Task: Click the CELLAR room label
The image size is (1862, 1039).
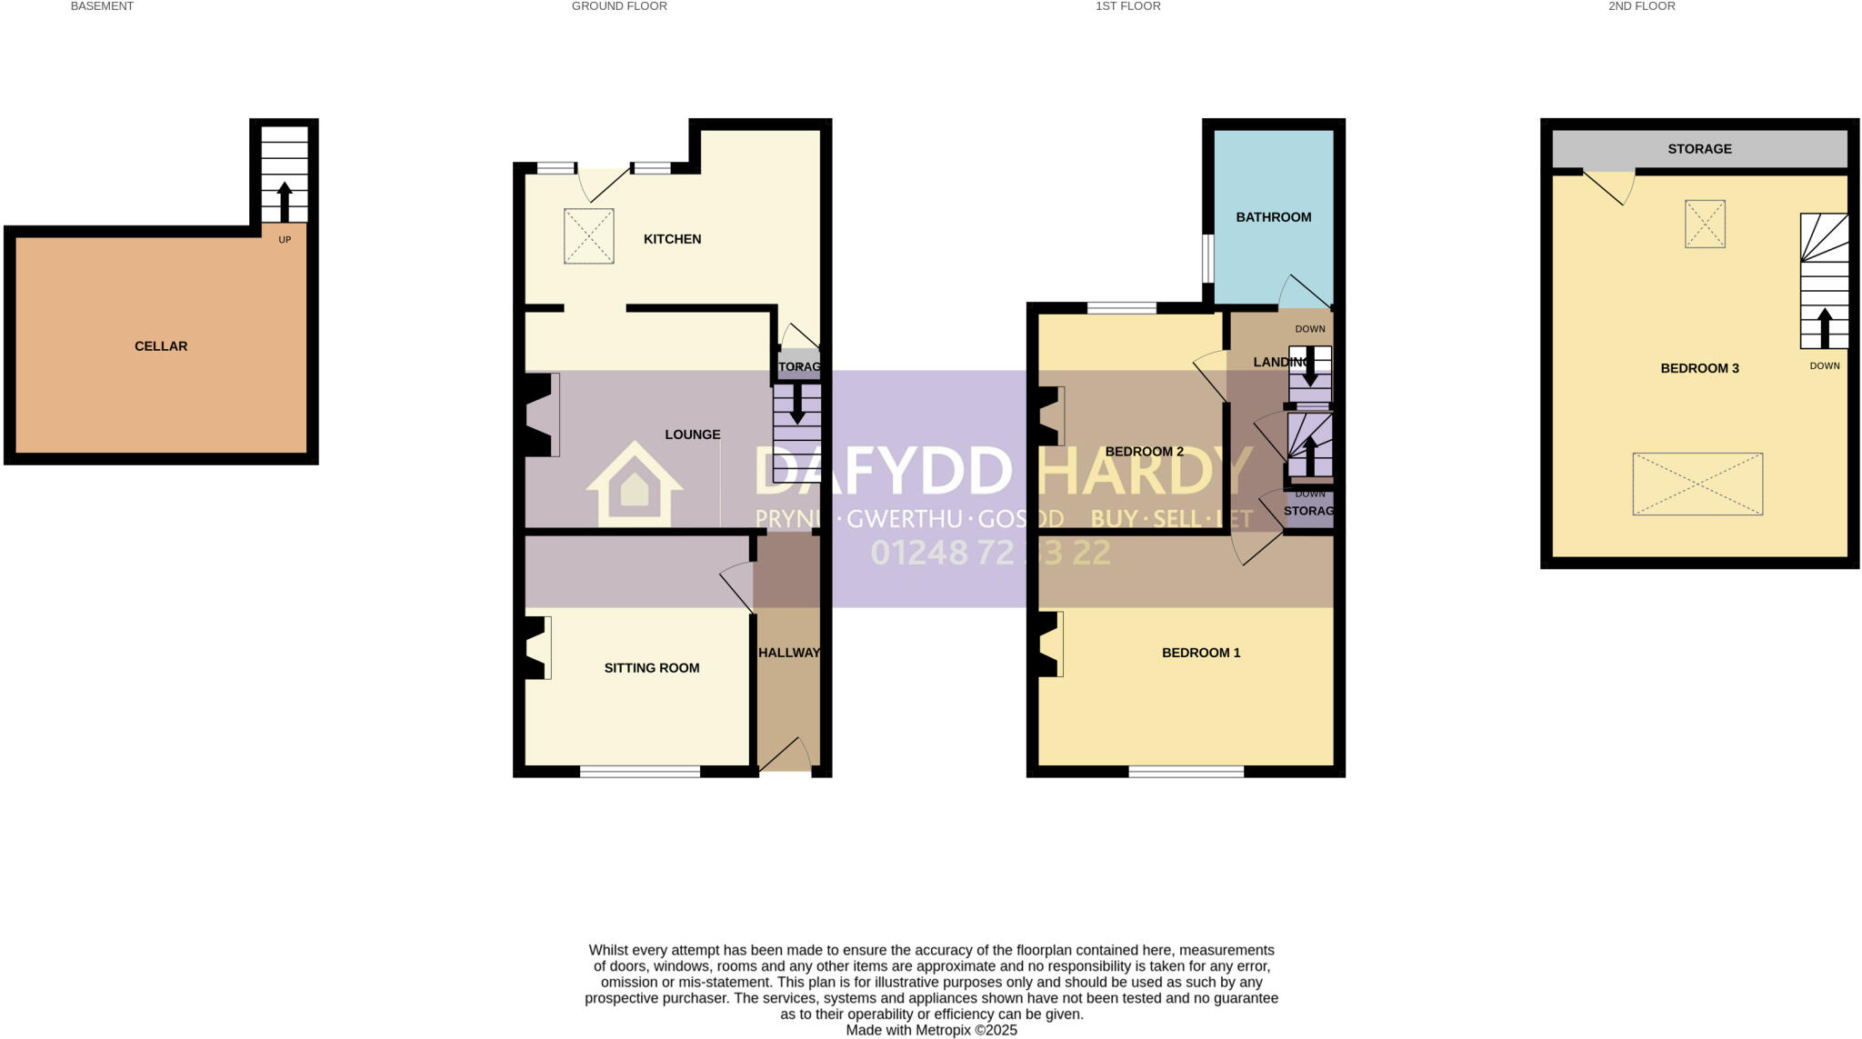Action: click(161, 346)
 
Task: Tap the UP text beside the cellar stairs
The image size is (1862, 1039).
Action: click(285, 240)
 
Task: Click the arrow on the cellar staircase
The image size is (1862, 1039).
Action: click(285, 201)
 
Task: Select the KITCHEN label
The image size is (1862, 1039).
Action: click(672, 239)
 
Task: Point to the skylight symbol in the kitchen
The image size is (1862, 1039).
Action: click(588, 236)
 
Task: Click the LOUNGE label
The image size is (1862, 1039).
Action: click(692, 435)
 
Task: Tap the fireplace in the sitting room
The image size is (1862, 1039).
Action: click(536, 648)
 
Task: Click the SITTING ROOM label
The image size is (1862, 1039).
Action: click(652, 668)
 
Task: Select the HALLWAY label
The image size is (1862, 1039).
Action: click(788, 653)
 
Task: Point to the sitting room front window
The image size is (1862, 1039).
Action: click(640, 772)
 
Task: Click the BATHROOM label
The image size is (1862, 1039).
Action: click(1273, 217)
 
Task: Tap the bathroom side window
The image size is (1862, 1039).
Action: click(1207, 259)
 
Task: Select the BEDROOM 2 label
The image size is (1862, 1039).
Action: click(1144, 452)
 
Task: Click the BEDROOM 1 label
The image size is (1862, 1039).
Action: click(1200, 653)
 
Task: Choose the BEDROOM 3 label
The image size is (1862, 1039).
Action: click(1699, 368)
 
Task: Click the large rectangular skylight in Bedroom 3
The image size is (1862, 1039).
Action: click(1697, 485)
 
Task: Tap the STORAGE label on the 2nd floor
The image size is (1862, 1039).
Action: click(1699, 149)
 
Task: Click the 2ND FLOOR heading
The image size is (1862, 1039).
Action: click(1641, 6)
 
